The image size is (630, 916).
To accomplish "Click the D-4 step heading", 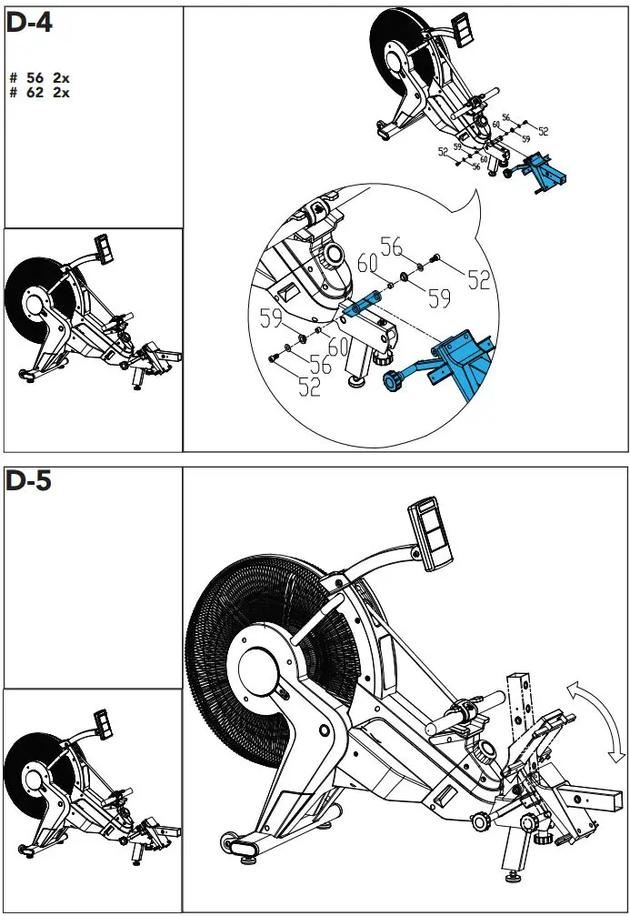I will pyautogui.click(x=29, y=24).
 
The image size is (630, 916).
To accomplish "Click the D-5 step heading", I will pyautogui.click(x=29, y=482).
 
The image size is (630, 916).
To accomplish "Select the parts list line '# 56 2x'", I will pyautogui.click(x=39, y=79).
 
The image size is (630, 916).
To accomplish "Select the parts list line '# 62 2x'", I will pyautogui.click(x=39, y=92).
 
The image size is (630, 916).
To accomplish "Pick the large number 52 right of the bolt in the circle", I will pyautogui.click(x=479, y=279).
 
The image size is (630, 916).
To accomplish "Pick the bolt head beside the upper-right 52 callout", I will pyautogui.click(x=436, y=257).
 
